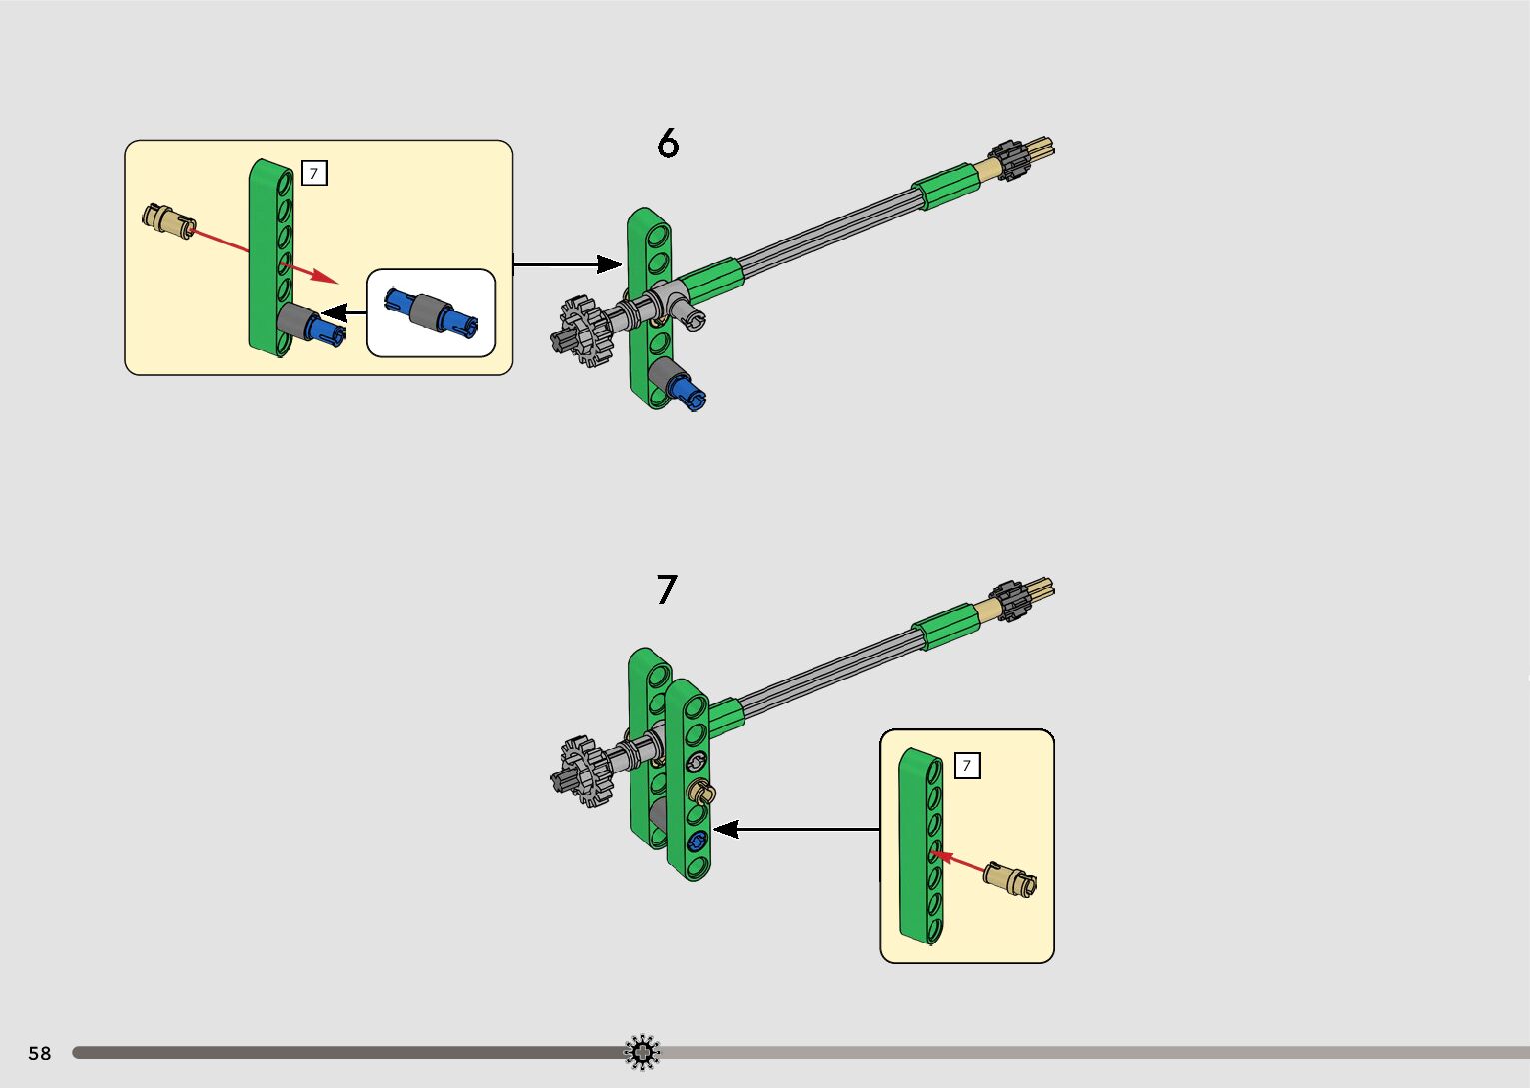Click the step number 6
(x=668, y=144)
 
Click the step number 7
(x=667, y=589)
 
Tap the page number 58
(x=40, y=1053)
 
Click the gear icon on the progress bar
(x=642, y=1052)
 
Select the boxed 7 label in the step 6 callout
(x=314, y=173)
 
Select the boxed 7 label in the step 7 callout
(x=966, y=766)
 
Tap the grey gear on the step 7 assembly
(x=580, y=770)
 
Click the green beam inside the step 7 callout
(x=918, y=844)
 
